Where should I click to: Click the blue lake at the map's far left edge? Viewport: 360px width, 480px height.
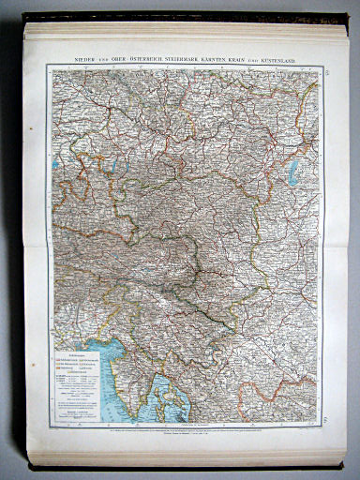pyautogui.click(x=56, y=164)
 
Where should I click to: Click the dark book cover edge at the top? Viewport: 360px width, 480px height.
pyautogui.click(x=187, y=16)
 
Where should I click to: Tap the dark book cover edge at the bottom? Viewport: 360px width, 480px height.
pyautogui.click(x=187, y=466)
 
